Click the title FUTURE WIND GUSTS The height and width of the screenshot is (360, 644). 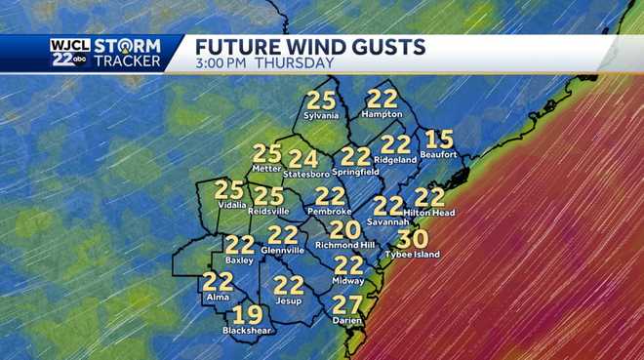[x=310, y=46]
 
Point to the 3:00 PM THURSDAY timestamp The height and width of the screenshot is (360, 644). [x=264, y=63]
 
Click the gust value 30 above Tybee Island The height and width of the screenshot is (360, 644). [x=413, y=239]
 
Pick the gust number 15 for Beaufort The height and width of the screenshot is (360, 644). [x=440, y=140]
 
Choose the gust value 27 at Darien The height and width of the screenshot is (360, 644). [x=347, y=303]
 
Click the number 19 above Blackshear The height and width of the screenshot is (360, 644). [x=247, y=314]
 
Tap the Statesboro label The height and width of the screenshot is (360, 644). [x=303, y=174]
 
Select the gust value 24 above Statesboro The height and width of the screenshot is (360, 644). [x=303, y=158]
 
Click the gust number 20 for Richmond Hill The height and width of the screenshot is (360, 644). [x=344, y=230]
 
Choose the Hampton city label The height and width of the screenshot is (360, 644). [x=382, y=115]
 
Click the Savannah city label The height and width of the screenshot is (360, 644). [x=388, y=221]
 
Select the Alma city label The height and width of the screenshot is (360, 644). [x=218, y=297]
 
